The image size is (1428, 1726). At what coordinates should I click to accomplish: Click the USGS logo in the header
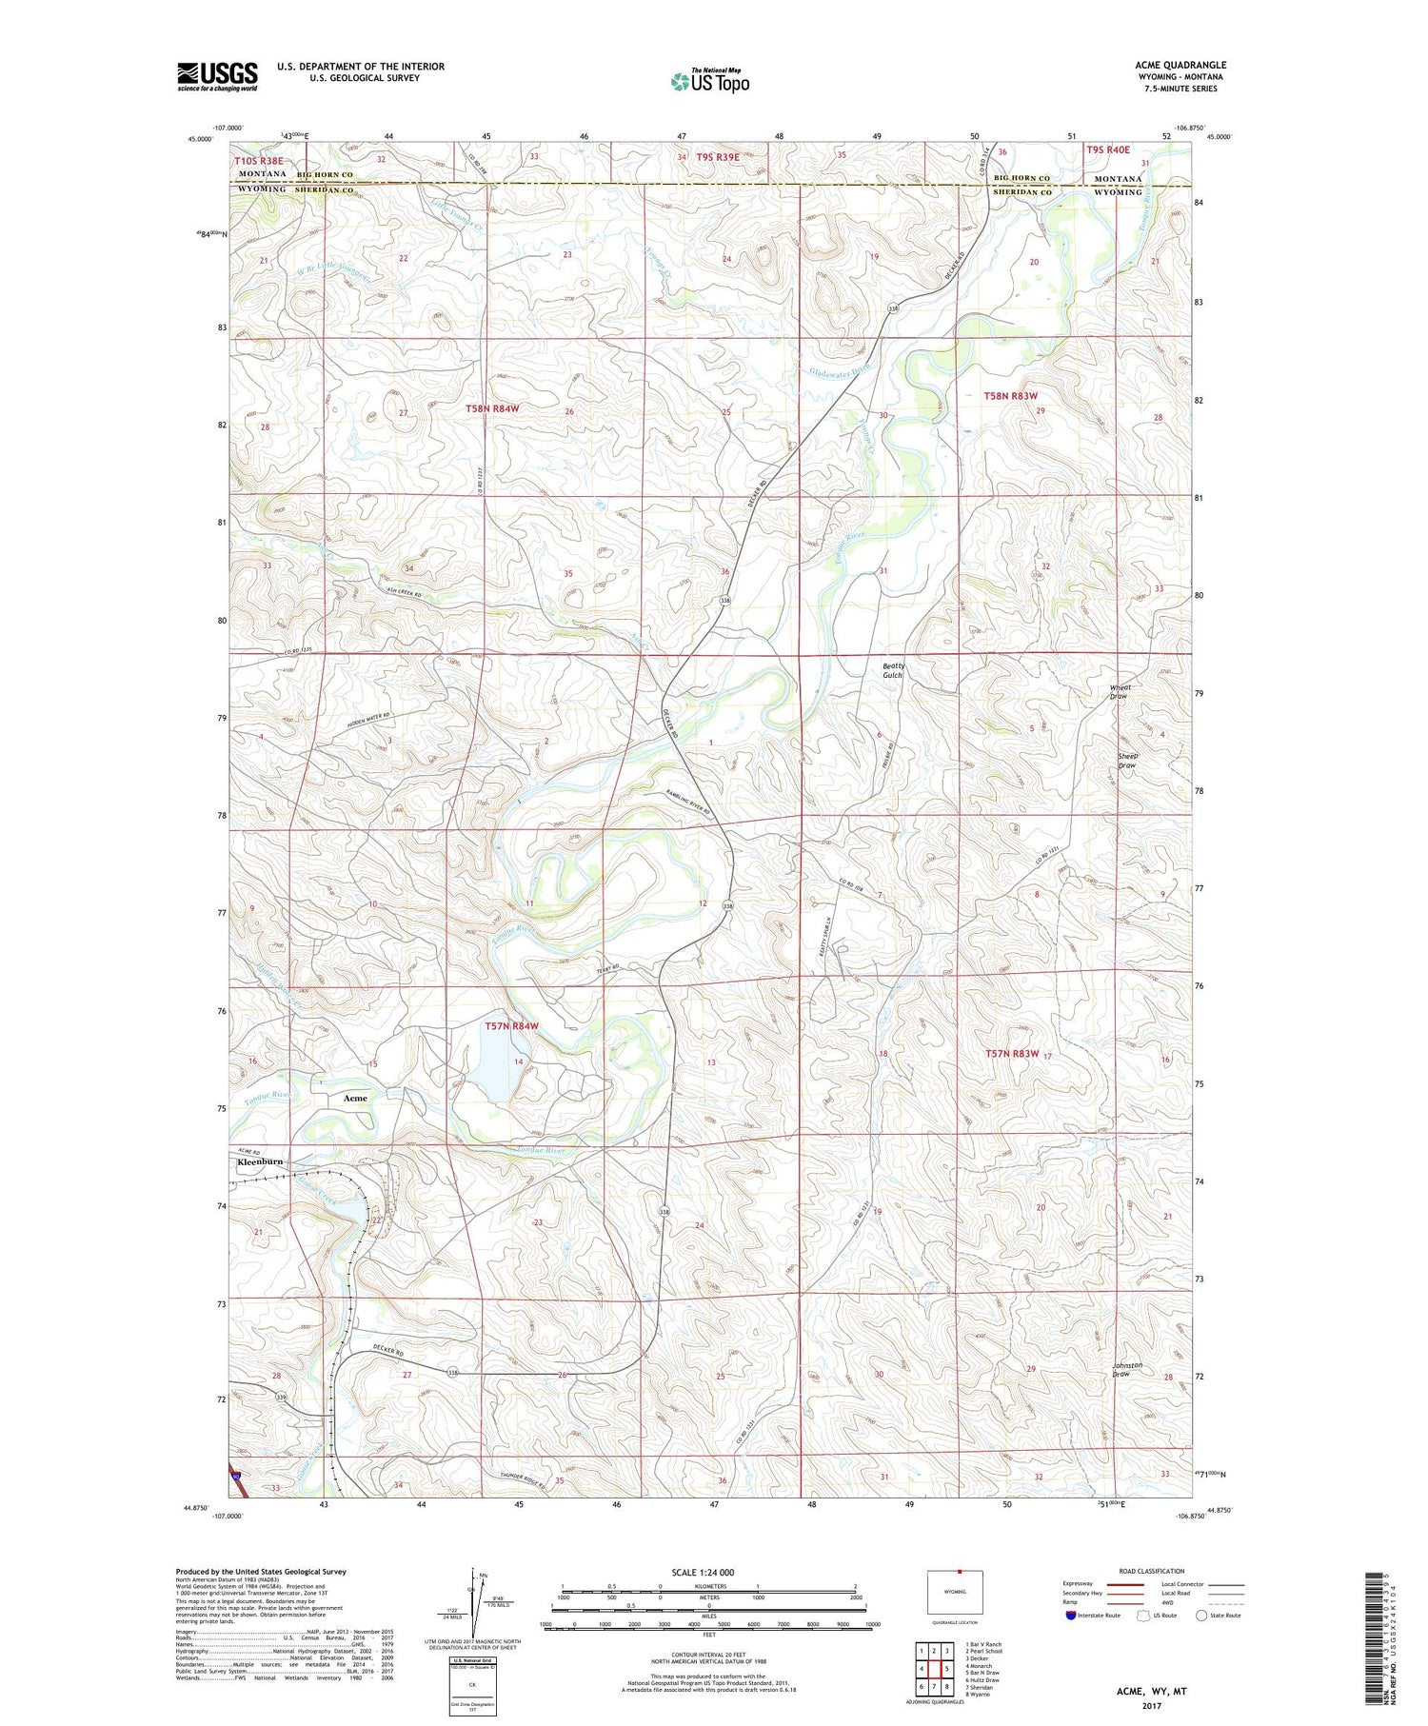click(x=217, y=76)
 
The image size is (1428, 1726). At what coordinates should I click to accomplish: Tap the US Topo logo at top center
click(x=709, y=81)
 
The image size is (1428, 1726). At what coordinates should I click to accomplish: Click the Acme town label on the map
click(x=354, y=1098)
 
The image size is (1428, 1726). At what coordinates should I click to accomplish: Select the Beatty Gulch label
click(x=893, y=670)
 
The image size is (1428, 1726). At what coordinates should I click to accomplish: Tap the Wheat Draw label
click(x=1121, y=691)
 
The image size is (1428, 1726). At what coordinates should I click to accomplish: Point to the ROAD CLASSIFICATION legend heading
click(x=1152, y=1571)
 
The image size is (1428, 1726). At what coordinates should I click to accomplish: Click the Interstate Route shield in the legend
click(x=1071, y=1616)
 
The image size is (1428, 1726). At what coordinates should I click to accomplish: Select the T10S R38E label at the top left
click(x=259, y=162)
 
